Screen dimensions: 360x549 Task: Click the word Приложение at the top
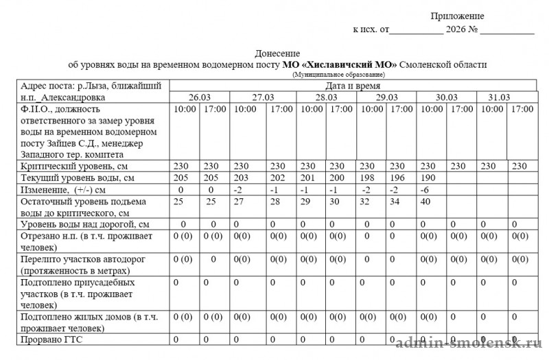click(x=457, y=16)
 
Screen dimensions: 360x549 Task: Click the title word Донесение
click(x=277, y=53)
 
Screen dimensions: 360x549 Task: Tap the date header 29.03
click(x=386, y=97)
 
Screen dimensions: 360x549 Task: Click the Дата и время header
click(x=353, y=86)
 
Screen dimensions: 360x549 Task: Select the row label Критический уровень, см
click(x=75, y=166)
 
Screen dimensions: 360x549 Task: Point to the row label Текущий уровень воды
click(x=74, y=178)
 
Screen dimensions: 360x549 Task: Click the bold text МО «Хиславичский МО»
click(x=339, y=64)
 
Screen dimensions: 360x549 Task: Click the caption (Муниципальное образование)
click(x=338, y=74)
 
